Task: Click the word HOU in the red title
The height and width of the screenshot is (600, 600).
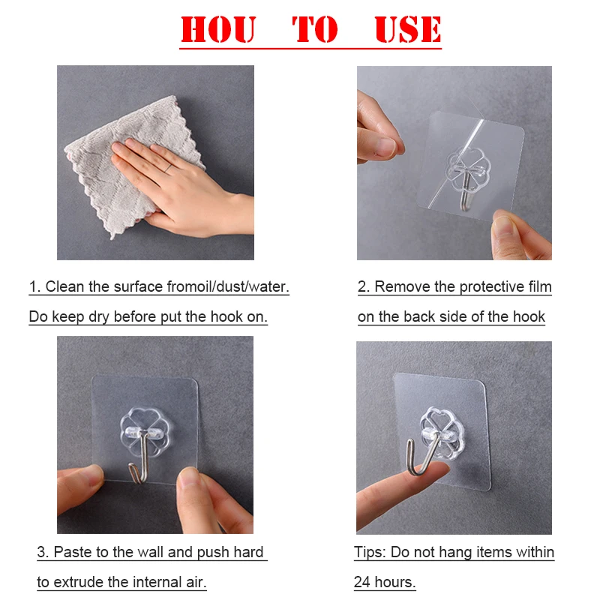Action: coord(217,29)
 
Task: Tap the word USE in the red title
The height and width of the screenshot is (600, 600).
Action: coord(408,29)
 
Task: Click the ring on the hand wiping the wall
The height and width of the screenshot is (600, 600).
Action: coord(168,167)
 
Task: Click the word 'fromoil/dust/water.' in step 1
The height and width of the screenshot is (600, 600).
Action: coord(228,286)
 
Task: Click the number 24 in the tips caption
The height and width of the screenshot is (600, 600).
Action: coord(362,583)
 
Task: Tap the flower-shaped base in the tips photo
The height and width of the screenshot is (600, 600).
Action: coord(442,433)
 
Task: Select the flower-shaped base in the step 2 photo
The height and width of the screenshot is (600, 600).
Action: coord(468,168)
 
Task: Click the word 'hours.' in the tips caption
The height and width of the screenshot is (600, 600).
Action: coord(395,583)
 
